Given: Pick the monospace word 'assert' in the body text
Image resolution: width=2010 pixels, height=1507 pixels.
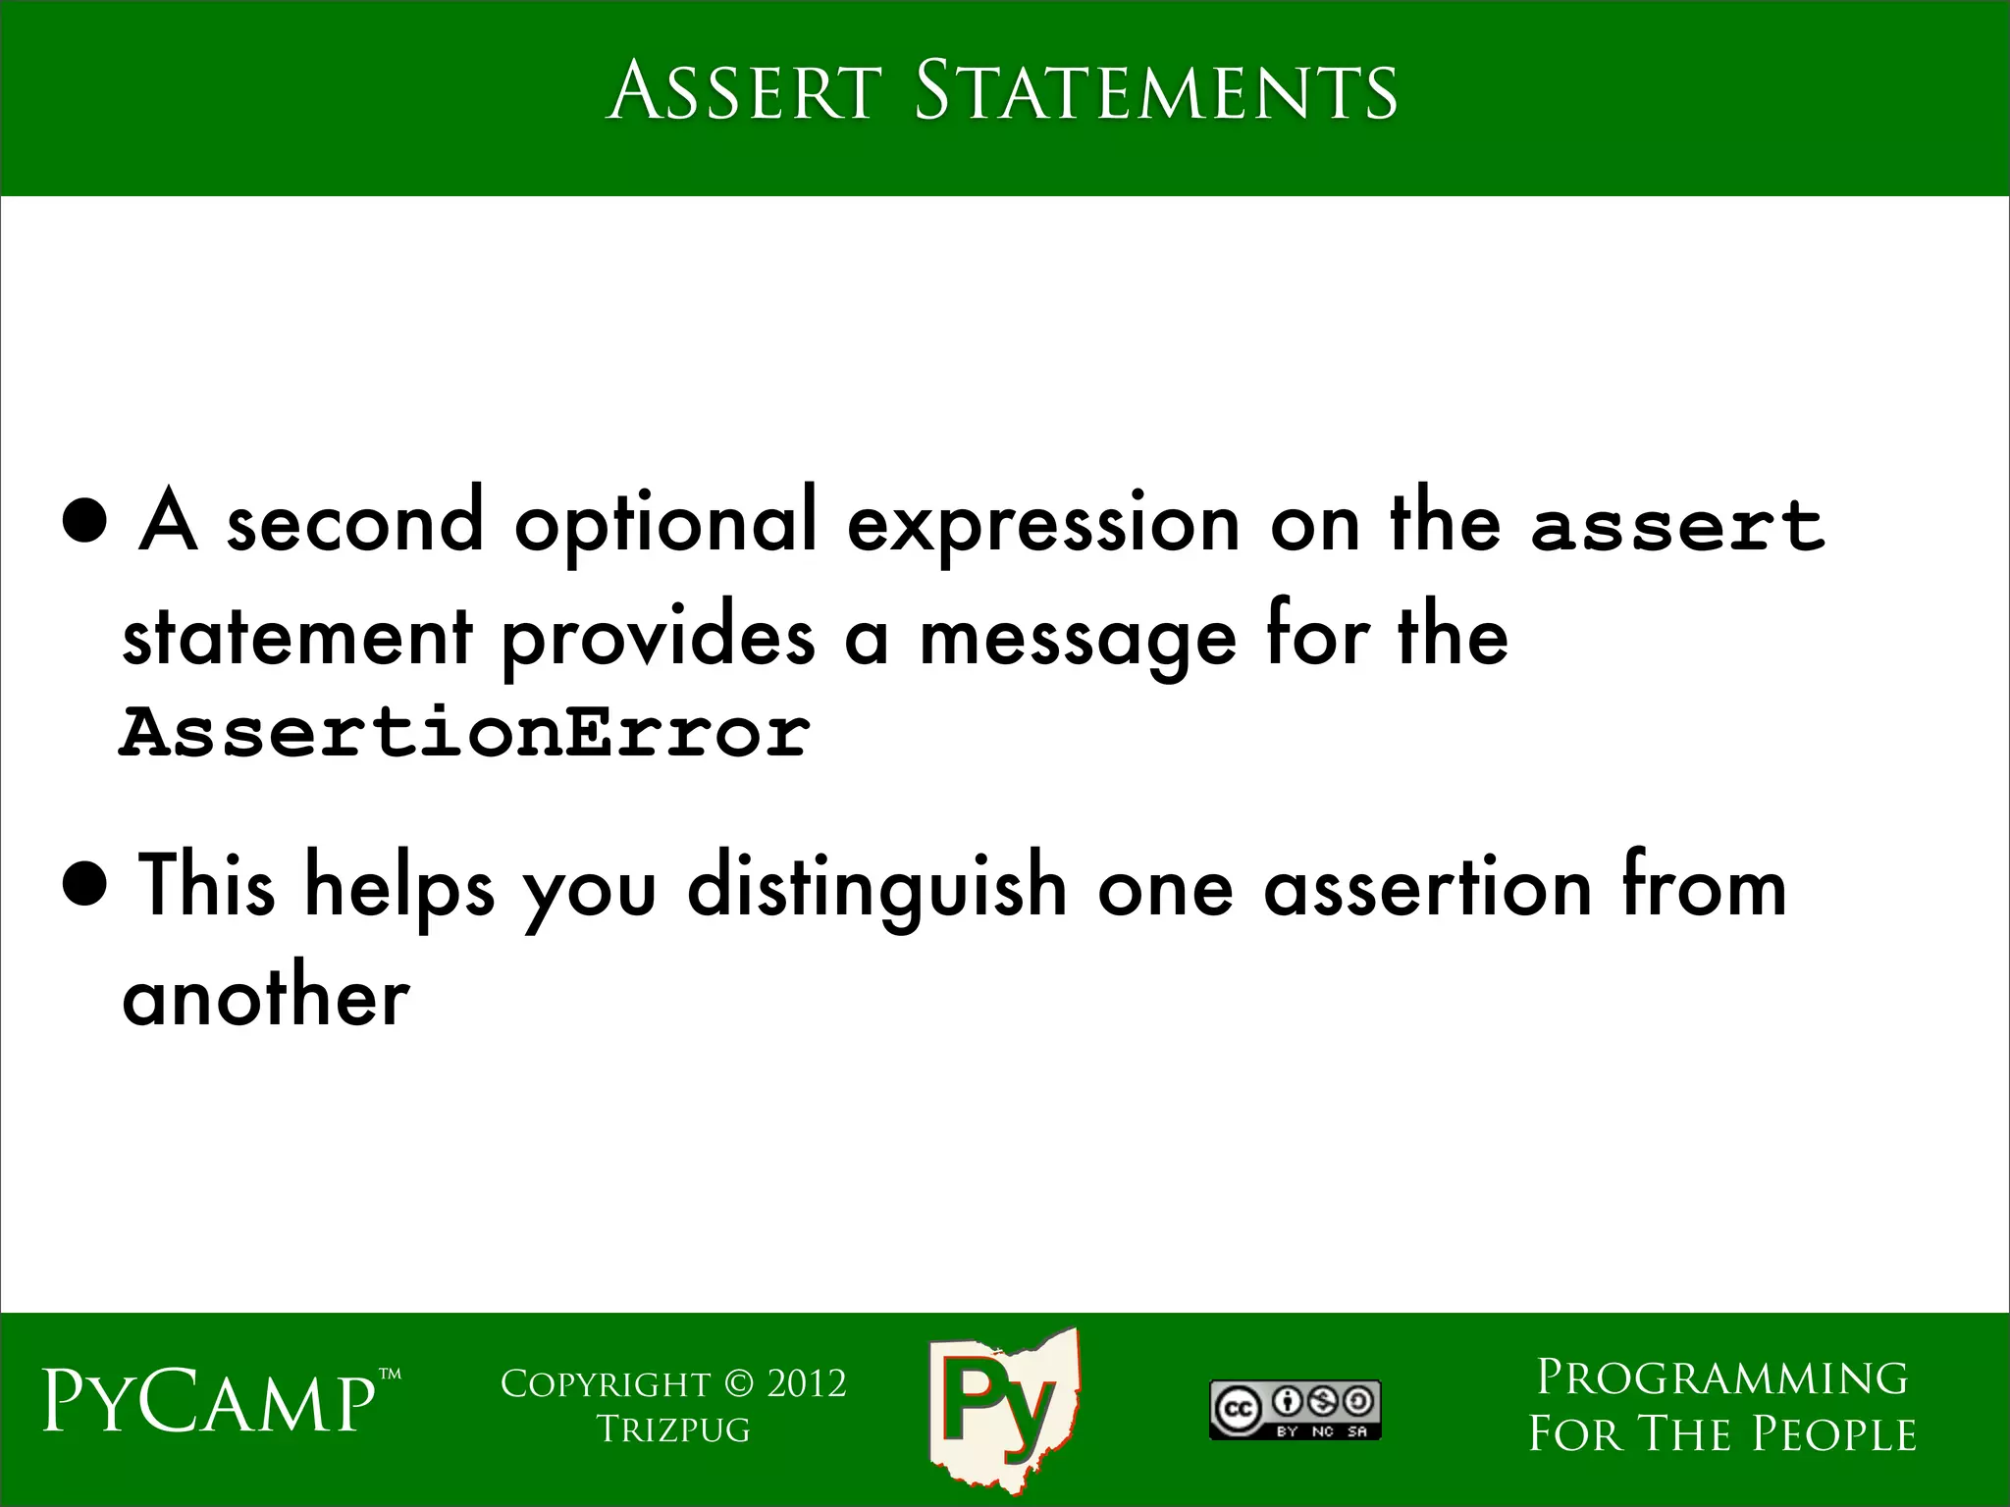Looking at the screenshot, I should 1677,524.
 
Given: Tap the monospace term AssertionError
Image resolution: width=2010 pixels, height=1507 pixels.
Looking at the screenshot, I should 464,732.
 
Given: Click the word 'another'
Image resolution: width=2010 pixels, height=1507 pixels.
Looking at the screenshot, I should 265,999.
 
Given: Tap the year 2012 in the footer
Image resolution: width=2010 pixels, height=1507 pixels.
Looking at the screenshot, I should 806,1383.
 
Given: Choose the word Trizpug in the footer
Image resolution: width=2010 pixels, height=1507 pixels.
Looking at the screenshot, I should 673,1429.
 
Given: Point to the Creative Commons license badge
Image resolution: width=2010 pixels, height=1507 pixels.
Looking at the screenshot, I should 1295,1410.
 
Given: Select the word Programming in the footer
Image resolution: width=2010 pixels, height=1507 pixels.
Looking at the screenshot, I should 1721,1377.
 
